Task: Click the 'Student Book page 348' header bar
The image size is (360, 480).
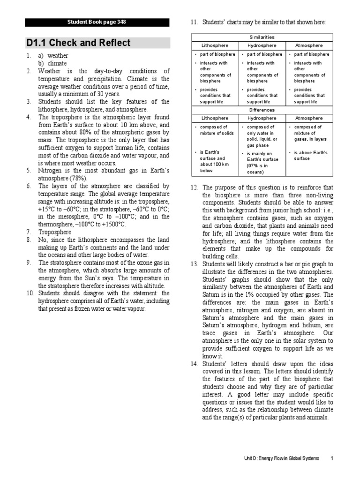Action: [97, 22]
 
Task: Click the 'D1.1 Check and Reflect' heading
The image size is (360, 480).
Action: [78, 43]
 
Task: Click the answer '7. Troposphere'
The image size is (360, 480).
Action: [55, 232]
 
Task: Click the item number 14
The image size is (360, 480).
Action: [194, 364]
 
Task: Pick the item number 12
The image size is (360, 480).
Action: [194, 188]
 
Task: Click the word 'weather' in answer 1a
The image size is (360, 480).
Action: [58, 55]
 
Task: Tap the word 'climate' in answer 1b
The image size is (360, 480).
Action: [57, 63]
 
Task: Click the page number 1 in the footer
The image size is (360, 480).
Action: [332, 458]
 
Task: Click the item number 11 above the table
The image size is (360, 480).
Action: [194, 22]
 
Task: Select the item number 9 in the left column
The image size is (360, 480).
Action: [29, 262]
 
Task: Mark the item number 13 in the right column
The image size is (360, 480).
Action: [194, 264]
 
